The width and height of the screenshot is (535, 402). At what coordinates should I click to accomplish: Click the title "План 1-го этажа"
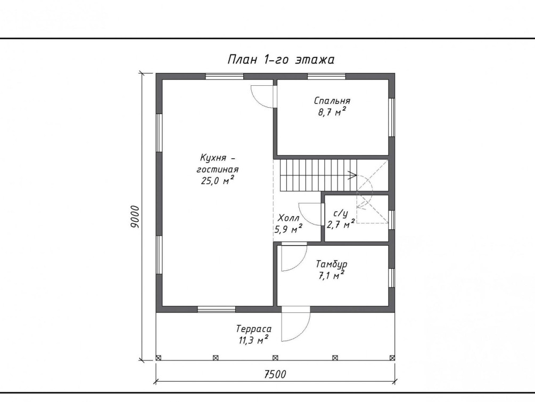(x=281, y=60)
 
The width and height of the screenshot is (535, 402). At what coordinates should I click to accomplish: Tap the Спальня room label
(x=332, y=101)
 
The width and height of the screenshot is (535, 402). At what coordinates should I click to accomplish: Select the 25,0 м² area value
(x=217, y=180)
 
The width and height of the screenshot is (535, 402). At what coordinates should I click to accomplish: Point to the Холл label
(x=289, y=218)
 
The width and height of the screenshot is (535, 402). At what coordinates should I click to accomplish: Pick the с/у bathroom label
(x=341, y=214)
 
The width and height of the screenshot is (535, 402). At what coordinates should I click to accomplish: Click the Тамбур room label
(x=332, y=264)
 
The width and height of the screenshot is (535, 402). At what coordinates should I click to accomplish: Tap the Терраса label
(x=254, y=329)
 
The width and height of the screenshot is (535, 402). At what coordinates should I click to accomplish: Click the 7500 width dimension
(x=275, y=375)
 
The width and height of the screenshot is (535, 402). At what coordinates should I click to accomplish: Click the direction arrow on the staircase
(x=352, y=175)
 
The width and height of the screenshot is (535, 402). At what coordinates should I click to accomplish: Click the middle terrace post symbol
(x=275, y=358)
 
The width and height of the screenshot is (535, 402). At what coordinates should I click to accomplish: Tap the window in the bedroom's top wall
(x=326, y=76)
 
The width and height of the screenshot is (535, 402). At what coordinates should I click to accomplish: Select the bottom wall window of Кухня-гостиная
(x=216, y=309)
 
